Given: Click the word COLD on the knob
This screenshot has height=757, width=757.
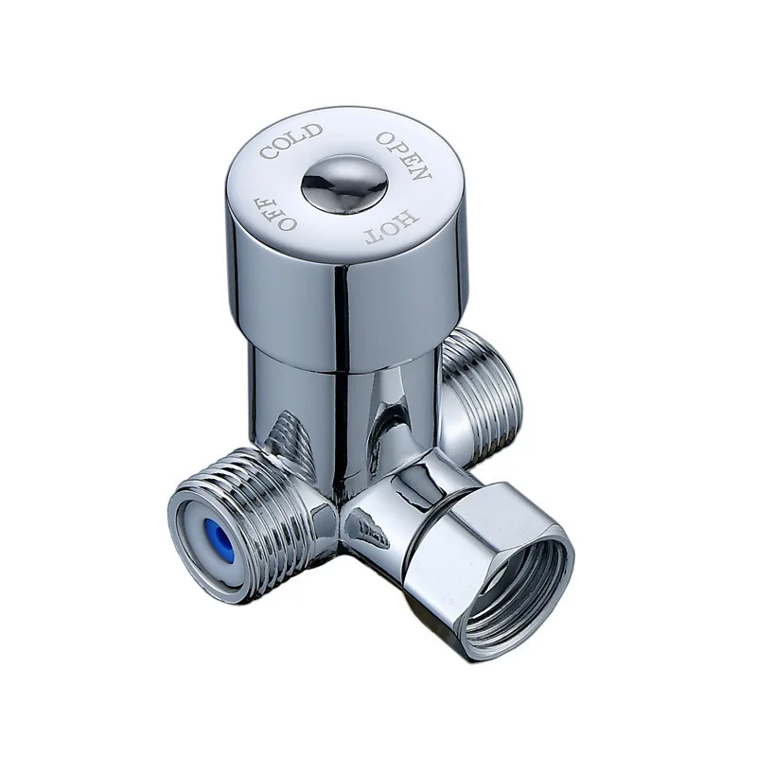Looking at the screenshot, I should [292, 142].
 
